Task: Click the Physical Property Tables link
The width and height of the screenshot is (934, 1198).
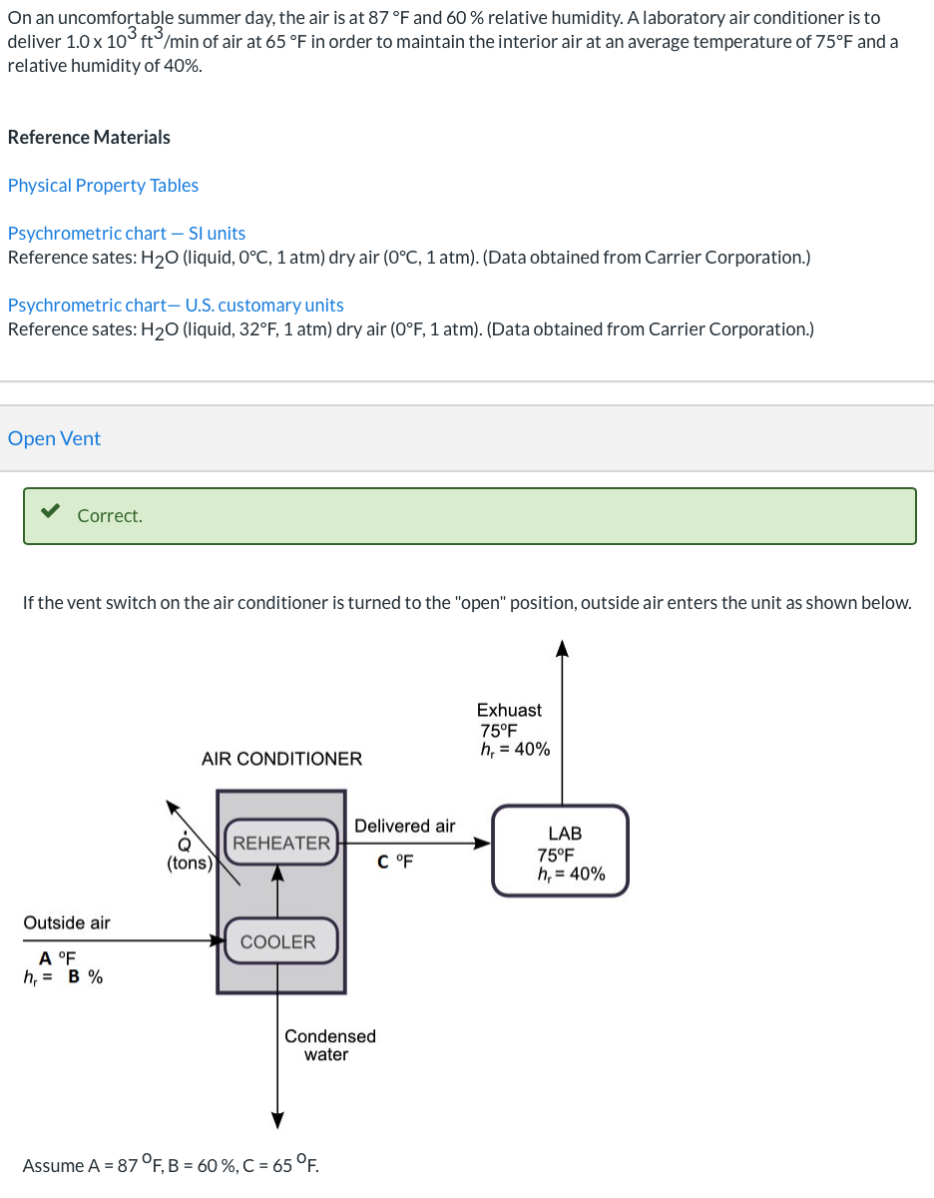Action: pyautogui.click(x=103, y=186)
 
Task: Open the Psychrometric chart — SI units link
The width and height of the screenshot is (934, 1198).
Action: pyautogui.click(x=127, y=234)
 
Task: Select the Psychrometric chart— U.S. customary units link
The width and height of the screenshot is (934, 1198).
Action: pyautogui.click(x=176, y=305)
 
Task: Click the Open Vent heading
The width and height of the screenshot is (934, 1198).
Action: pyautogui.click(x=54, y=438)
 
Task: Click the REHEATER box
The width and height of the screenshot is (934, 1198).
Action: pyautogui.click(x=280, y=843)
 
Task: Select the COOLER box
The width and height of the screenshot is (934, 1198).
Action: pyautogui.click(x=278, y=941)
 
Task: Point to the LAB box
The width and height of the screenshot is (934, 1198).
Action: pyautogui.click(x=561, y=852)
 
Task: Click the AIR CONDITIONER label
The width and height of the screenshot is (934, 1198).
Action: pyautogui.click(x=281, y=759)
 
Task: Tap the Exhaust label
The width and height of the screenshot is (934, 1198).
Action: pyautogui.click(x=509, y=710)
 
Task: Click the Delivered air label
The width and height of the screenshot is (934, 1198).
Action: pyautogui.click(x=404, y=826)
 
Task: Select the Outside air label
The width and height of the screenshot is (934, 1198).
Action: pyautogui.click(x=67, y=922)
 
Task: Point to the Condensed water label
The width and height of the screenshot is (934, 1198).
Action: pyautogui.click(x=329, y=1045)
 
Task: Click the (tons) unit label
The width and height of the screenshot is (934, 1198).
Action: pyautogui.click(x=189, y=864)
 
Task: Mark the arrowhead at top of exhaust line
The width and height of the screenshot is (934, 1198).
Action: pyautogui.click(x=563, y=649)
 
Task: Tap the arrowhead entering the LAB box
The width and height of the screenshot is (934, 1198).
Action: pyautogui.click(x=482, y=843)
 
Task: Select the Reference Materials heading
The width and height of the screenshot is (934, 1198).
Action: pyautogui.click(x=89, y=138)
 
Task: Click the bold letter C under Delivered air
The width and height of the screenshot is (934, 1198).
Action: pyautogui.click(x=383, y=861)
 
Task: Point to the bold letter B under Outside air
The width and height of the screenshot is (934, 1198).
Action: pyautogui.click(x=74, y=976)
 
